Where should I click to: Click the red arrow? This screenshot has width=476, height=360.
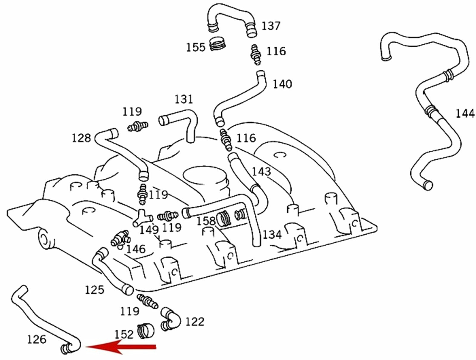120,347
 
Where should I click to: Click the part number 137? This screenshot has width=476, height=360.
271,26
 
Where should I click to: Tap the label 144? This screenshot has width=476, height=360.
465,113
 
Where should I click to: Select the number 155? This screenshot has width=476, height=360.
195,47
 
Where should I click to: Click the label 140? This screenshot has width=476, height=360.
282,84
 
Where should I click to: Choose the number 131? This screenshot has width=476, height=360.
184,99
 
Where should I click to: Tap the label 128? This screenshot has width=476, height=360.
81,138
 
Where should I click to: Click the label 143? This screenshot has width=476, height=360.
262,172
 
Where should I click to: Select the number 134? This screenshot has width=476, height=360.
272,234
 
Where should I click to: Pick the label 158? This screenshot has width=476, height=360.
206,221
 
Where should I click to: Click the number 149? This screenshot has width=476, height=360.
149,230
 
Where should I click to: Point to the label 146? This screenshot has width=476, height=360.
136,249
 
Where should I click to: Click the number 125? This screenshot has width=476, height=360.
94,290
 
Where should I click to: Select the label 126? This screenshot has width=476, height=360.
37,339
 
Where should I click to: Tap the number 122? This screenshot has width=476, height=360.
195,322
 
